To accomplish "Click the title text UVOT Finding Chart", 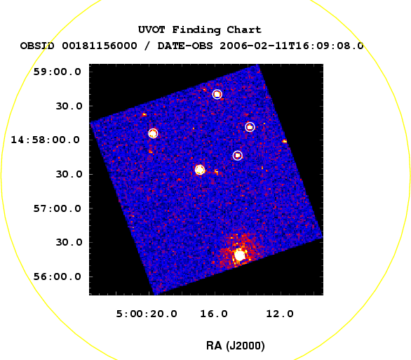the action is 200,29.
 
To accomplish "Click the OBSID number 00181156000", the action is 100,46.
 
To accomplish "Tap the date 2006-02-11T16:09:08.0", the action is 292,46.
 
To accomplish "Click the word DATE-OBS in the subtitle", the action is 185,46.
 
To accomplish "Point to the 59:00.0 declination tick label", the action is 57,72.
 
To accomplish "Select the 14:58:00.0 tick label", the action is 45,140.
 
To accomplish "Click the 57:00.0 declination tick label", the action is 57,208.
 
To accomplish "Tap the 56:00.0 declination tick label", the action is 57,276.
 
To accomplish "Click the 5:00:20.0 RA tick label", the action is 147,314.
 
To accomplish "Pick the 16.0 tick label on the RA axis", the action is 214,314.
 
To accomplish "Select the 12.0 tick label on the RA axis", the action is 280,314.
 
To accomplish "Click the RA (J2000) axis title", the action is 236,346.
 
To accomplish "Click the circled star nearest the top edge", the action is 217,94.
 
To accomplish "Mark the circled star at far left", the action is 153,133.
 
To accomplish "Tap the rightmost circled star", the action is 250,127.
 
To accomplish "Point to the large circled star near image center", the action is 200,170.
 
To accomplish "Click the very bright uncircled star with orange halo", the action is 239,255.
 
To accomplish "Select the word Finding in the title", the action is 196,30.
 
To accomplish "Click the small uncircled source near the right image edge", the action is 285,141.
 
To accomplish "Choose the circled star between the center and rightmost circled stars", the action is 238,156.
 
